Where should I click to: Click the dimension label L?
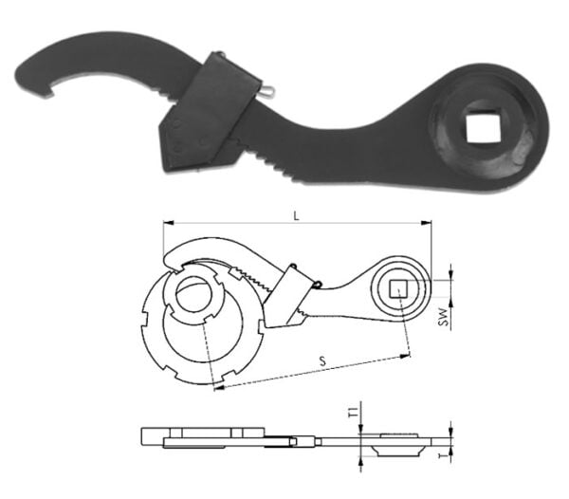pyautogui.click(x=297, y=216)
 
